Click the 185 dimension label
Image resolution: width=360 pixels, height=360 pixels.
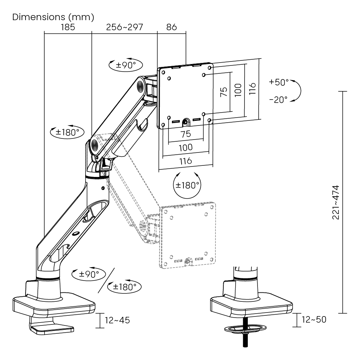(x=68, y=27)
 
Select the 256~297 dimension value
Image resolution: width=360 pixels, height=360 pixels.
(x=124, y=27)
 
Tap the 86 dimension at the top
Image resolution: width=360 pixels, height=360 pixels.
(x=172, y=27)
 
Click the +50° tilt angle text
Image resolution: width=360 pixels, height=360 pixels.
(x=279, y=82)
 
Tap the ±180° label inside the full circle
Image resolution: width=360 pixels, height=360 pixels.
(x=187, y=186)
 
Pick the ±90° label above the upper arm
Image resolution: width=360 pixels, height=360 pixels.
(x=126, y=65)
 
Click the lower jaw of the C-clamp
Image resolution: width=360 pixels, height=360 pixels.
(x=52, y=328)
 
